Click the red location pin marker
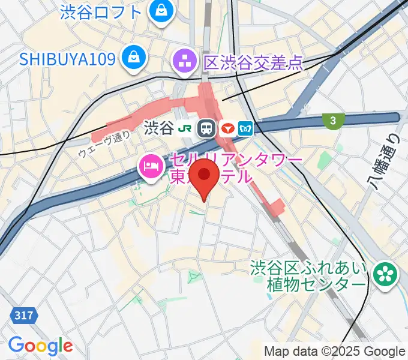[206, 176]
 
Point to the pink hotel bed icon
[149, 166]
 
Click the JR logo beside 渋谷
[186, 128]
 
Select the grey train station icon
[208, 128]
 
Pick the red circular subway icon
[227, 128]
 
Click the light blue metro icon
[245, 128]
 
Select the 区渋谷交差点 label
[253, 61]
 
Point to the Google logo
[40, 346]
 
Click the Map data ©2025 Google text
[335, 351]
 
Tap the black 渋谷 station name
[158, 128]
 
